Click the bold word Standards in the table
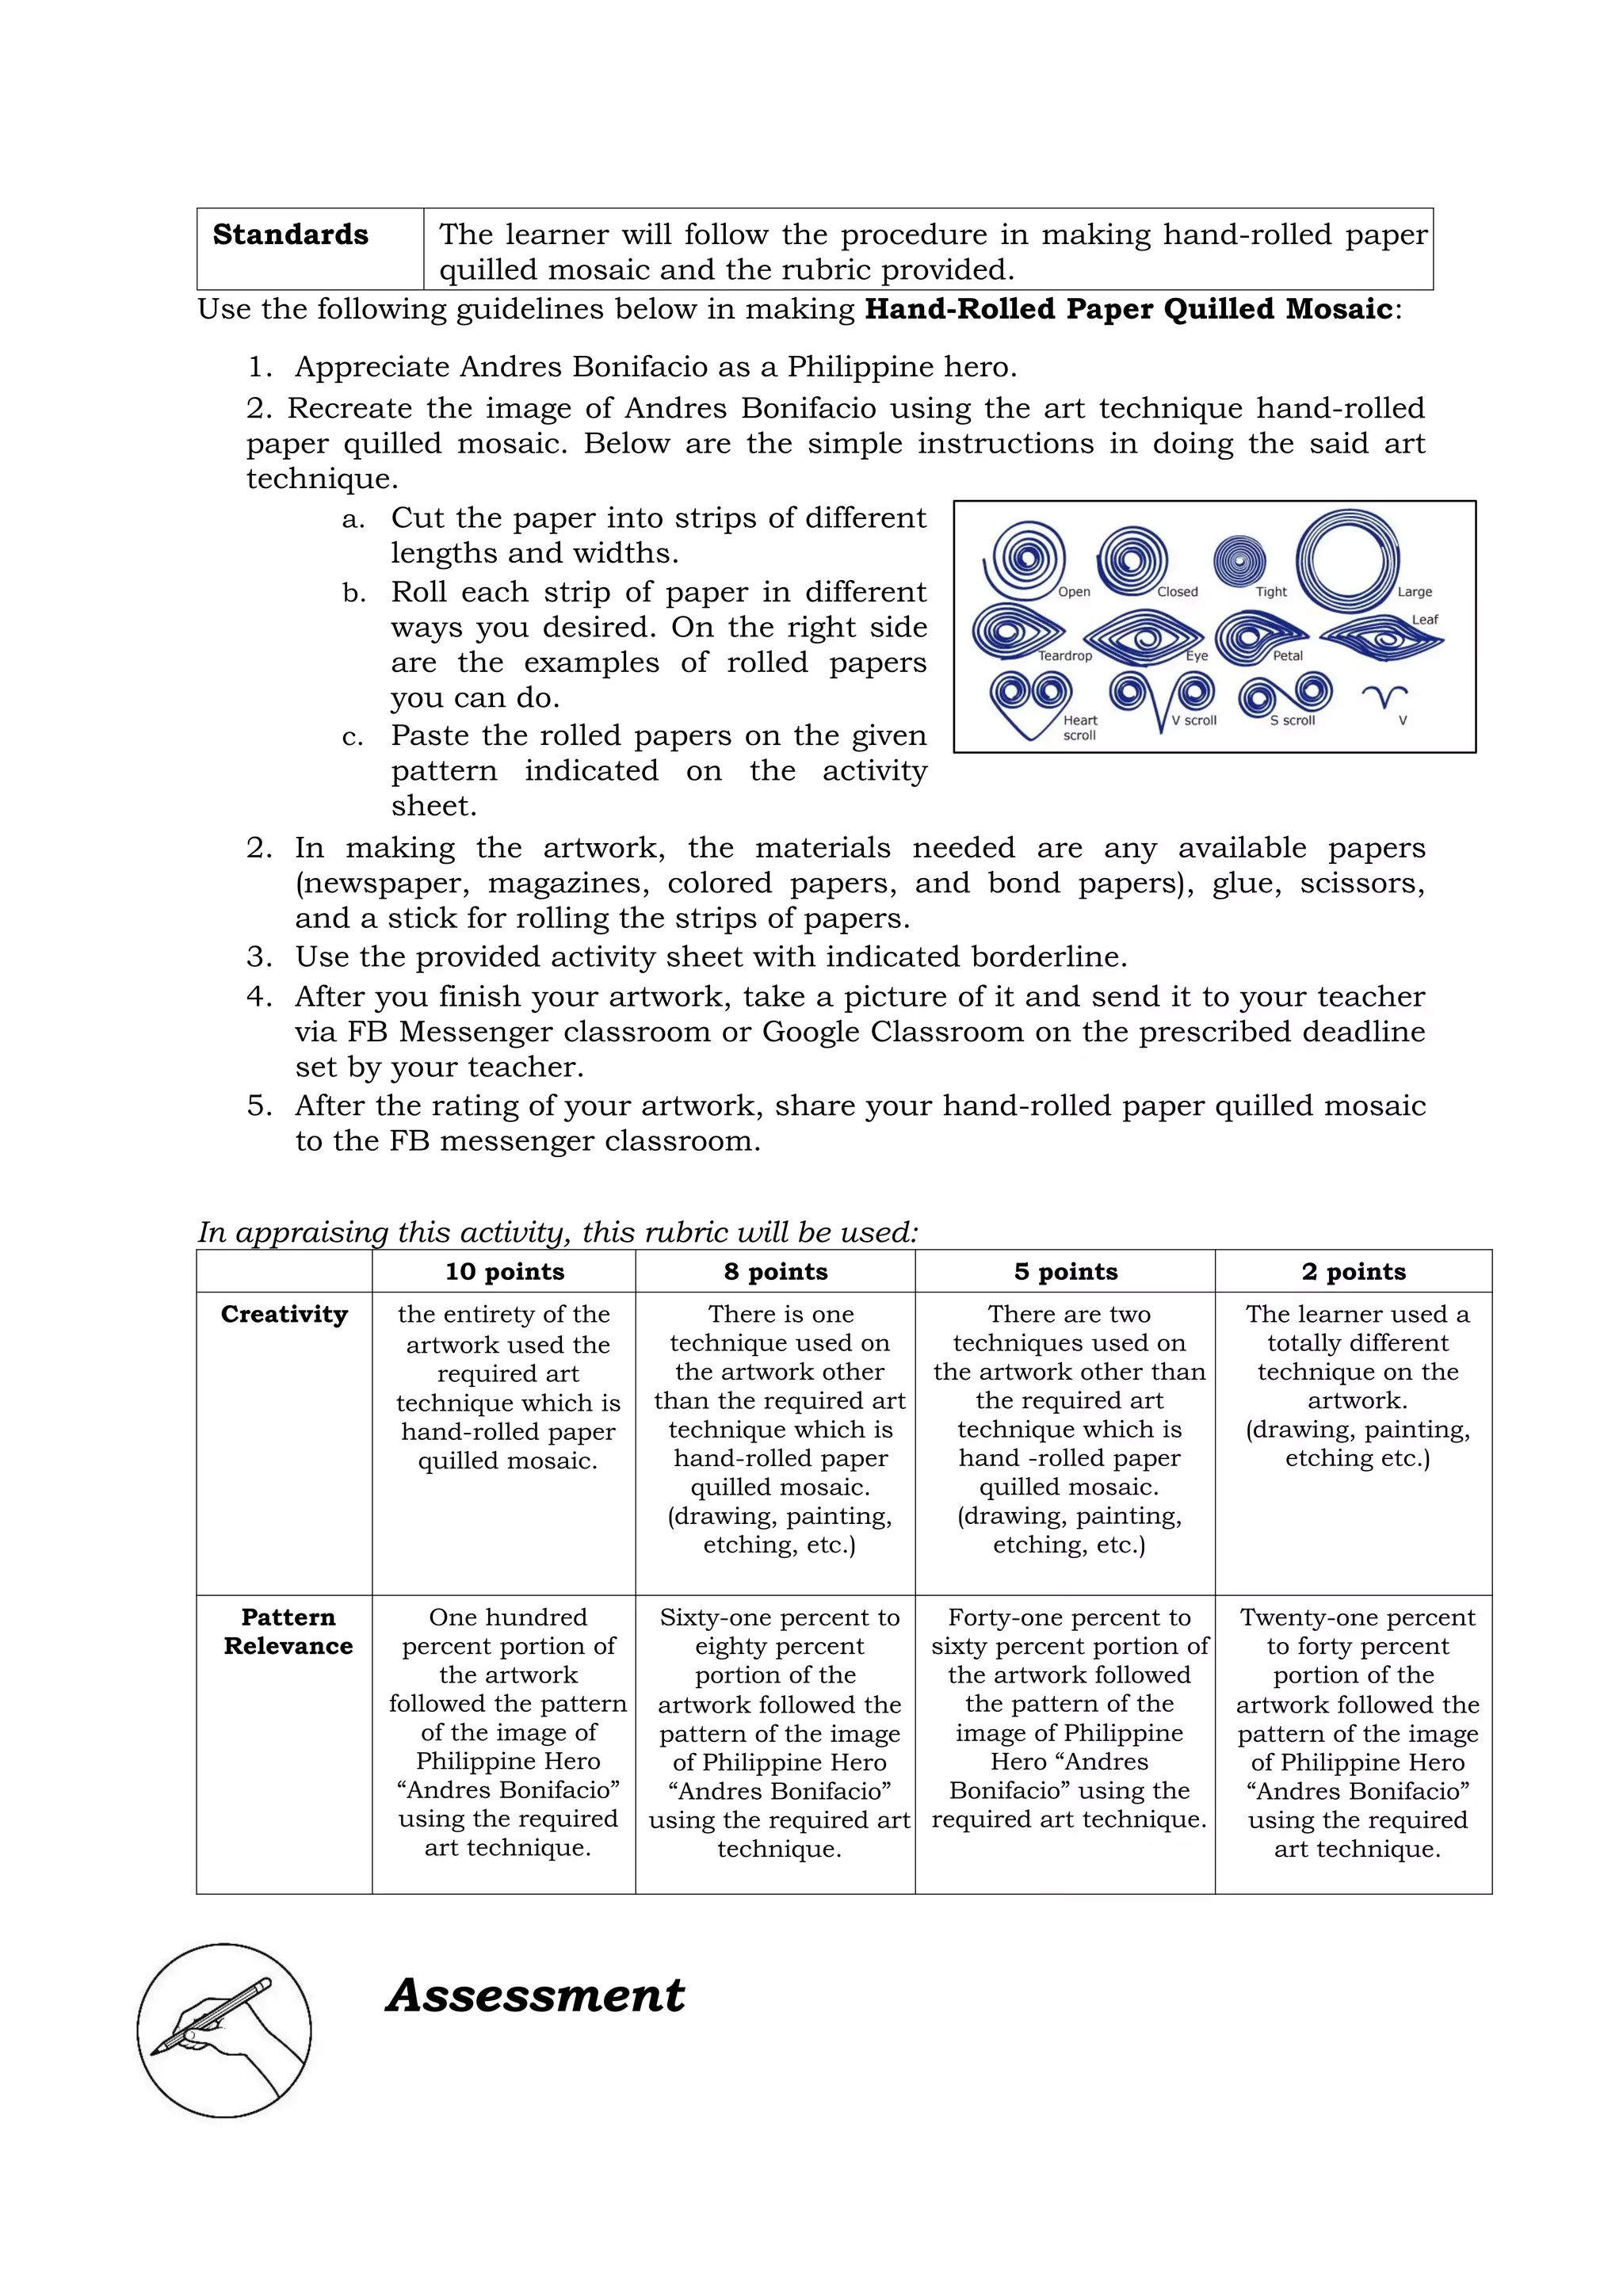coord(290,235)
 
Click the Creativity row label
coord(284,1315)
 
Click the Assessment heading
coord(536,1996)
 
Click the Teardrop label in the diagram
coord(1064,655)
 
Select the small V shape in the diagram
coord(1384,696)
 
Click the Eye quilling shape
coord(1144,636)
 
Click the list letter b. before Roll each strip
coord(353,594)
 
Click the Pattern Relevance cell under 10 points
coord(508,1732)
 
